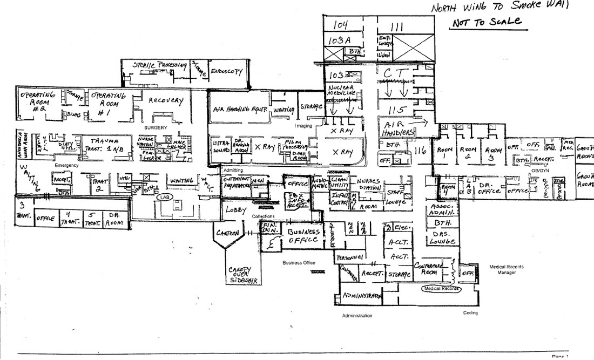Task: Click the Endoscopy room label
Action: click(226, 71)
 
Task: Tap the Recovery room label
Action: click(166, 101)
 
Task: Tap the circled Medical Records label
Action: click(441, 289)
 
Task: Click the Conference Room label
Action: click(429, 269)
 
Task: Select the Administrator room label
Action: click(362, 296)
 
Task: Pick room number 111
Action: click(397, 26)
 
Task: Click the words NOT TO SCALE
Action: click(487, 22)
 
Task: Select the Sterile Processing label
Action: click(160, 65)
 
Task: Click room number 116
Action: click(420, 152)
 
